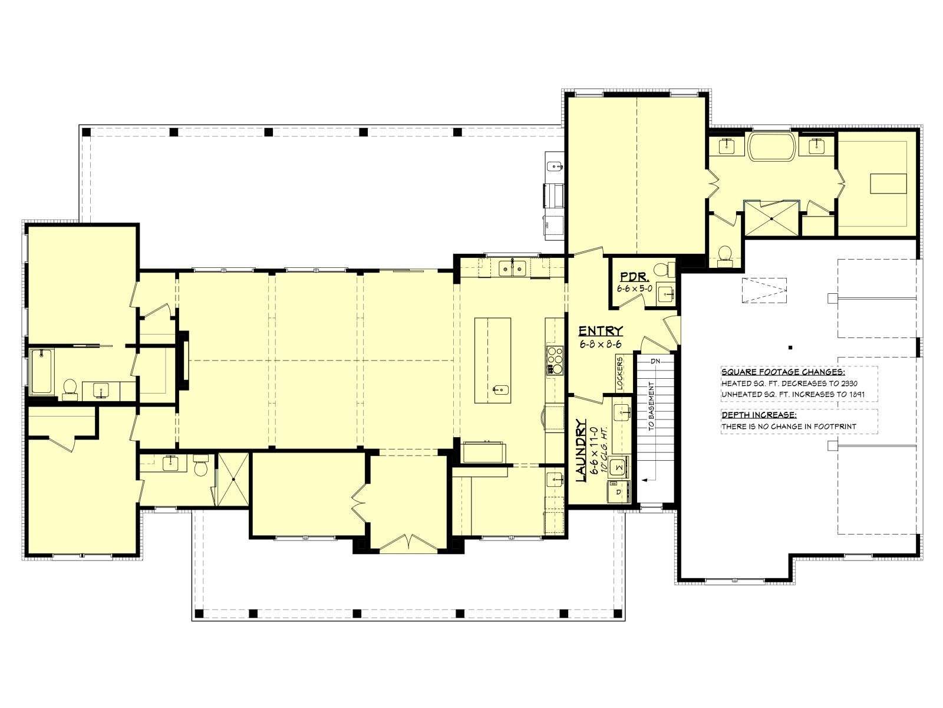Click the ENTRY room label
click(x=601, y=330)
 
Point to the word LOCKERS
click(x=619, y=373)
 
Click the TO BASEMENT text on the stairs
click(x=651, y=406)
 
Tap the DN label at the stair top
click(x=655, y=361)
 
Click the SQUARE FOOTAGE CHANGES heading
click(x=783, y=372)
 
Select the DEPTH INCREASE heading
click(x=759, y=415)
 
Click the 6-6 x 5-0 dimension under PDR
click(x=635, y=288)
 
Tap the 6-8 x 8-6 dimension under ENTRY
click(x=600, y=344)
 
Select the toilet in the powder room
click(x=663, y=270)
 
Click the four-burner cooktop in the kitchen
click(x=555, y=360)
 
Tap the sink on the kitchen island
click(x=500, y=390)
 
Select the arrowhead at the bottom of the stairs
click(x=644, y=479)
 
